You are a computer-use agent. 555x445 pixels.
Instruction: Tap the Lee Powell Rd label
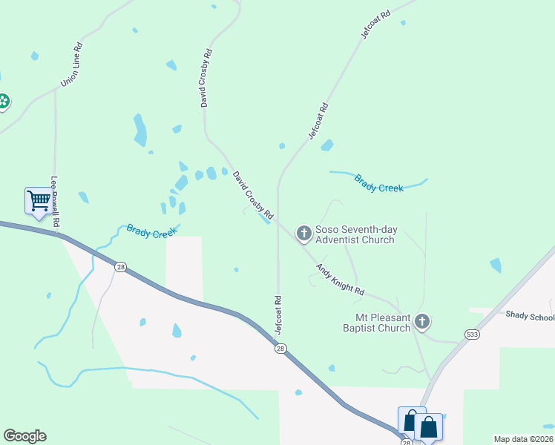tap(55, 201)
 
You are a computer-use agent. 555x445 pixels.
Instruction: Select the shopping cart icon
tap(38, 200)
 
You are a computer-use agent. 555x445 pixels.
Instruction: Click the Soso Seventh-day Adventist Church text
tap(355, 234)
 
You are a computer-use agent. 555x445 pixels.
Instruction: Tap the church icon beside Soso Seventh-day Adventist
tap(303, 234)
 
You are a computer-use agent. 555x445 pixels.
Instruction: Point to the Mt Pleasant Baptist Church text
tap(378, 323)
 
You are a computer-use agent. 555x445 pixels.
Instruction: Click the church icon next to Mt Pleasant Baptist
tap(422, 322)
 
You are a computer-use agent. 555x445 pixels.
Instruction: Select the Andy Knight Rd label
tap(341, 280)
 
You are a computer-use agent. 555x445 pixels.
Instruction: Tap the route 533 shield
tap(472, 335)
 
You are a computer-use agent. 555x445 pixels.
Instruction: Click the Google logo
tap(24, 436)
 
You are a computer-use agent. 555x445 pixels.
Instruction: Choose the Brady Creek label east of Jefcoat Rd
tap(378, 183)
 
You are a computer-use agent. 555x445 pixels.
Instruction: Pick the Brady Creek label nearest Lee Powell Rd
tap(151, 231)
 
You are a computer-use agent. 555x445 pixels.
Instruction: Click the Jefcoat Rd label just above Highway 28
tap(278, 314)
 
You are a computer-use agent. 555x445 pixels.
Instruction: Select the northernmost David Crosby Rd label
tap(207, 78)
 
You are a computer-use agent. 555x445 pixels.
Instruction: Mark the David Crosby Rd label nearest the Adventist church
tap(253, 197)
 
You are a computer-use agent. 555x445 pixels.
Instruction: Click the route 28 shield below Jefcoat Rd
tap(280, 349)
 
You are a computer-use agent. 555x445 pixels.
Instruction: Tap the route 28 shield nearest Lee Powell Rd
tap(119, 266)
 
